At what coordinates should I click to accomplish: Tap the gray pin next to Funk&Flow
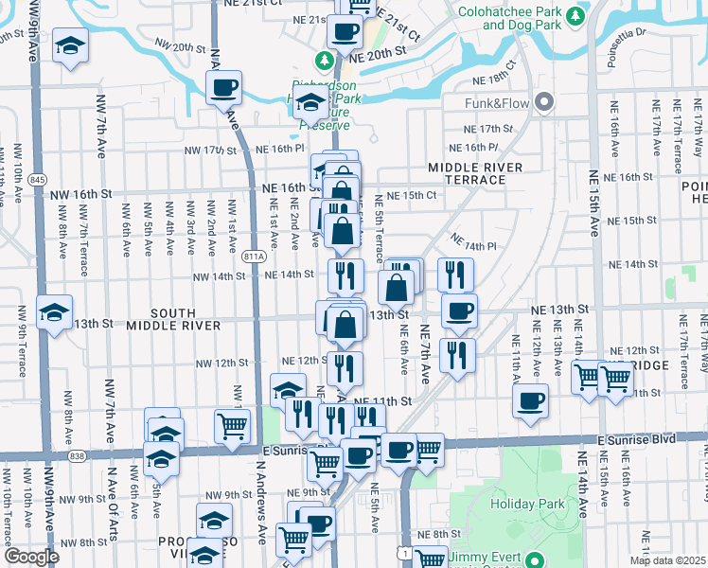point(544,101)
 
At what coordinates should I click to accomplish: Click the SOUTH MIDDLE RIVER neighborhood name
point(186,318)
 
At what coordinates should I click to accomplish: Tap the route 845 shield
point(38,179)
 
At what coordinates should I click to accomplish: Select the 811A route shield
point(252,256)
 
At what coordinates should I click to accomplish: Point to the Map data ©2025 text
point(667,560)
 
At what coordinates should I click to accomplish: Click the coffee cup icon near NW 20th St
point(224,88)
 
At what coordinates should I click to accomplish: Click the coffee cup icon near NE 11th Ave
point(531,399)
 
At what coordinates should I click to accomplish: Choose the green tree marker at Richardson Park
point(325,61)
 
